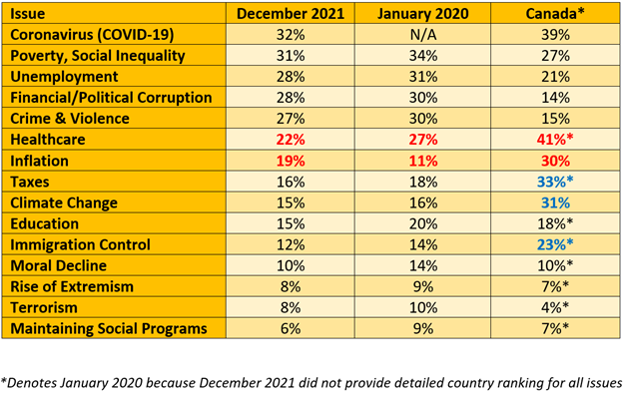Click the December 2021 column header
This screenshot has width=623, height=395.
[x=291, y=14]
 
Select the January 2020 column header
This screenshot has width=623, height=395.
[x=422, y=14]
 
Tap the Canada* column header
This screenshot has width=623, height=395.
[x=555, y=14]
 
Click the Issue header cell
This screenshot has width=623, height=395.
[x=27, y=14]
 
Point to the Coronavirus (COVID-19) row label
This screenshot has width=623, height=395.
[x=92, y=35]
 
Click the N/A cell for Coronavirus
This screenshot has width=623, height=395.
[x=423, y=35]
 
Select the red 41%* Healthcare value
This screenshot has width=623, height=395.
[x=555, y=140]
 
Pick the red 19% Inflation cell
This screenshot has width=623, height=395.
[x=291, y=161]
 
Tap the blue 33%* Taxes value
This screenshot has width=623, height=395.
[x=555, y=182]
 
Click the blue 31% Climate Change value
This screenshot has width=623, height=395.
[x=555, y=202]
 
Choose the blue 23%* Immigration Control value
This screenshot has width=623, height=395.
[x=555, y=244]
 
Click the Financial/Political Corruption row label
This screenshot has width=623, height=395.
[x=111, y=98]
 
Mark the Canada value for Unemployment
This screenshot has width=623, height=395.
[x=555, y=76]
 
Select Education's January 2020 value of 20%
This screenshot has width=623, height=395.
[x=423, y=223]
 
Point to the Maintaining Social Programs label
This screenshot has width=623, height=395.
[x=109, y=328]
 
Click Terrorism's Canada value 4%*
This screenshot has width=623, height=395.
[x=555, y=307]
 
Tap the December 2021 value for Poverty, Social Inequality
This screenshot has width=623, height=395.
[x=291, y=56]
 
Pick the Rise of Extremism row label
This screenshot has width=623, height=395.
[x=72, y=286]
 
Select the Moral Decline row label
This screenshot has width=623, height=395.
[x=58, y=265]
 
